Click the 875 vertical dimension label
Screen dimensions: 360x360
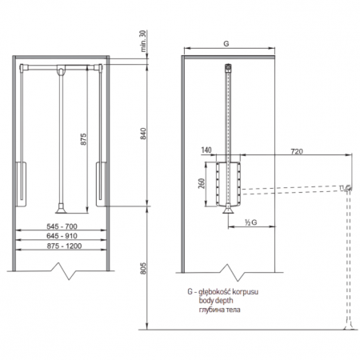point(83,139)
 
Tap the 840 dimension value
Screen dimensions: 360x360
point(143,134)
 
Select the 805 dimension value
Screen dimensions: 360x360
point(143,268)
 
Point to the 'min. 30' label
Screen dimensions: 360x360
point(143,41)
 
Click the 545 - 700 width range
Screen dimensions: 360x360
point(62,226)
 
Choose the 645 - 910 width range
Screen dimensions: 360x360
point(62,236)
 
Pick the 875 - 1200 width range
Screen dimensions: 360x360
point(64,246)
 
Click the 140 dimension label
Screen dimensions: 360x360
point(206,150)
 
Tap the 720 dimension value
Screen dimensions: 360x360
point(297,151)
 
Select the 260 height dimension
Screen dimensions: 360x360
point(202,183)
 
